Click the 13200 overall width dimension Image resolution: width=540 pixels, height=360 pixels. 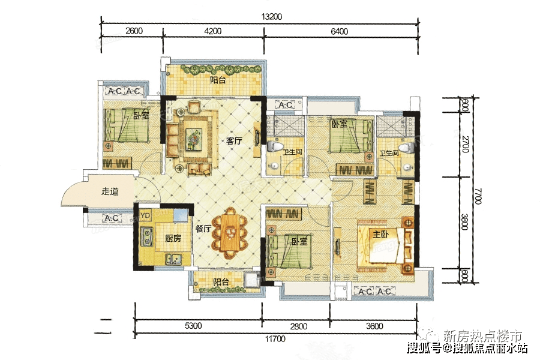click(x=259, y=16)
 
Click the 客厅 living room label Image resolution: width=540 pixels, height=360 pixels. click(x=234, y=142)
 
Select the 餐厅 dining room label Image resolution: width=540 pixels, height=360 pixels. click(x=202, y=229)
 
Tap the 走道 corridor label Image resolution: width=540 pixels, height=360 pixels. click(x=110, y=192)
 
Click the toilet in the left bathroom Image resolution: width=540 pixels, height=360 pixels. click(x=277, y=146)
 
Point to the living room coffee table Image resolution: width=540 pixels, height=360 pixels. click(x=193, y=137)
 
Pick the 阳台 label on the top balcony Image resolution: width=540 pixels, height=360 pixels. click(x=218, y=80)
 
